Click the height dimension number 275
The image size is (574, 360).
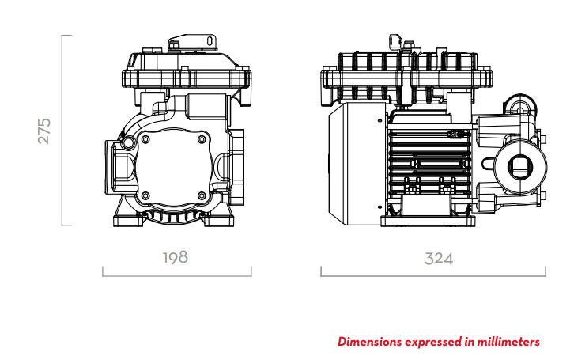44,131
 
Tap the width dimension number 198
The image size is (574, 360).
176,257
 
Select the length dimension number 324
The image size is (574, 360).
439,259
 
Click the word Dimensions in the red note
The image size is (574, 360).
369,342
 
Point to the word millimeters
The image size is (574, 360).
508,342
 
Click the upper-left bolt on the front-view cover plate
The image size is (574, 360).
145,139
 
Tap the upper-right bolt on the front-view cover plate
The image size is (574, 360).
202,139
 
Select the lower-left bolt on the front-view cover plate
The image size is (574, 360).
145,195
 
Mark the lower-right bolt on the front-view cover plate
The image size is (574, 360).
202,195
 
